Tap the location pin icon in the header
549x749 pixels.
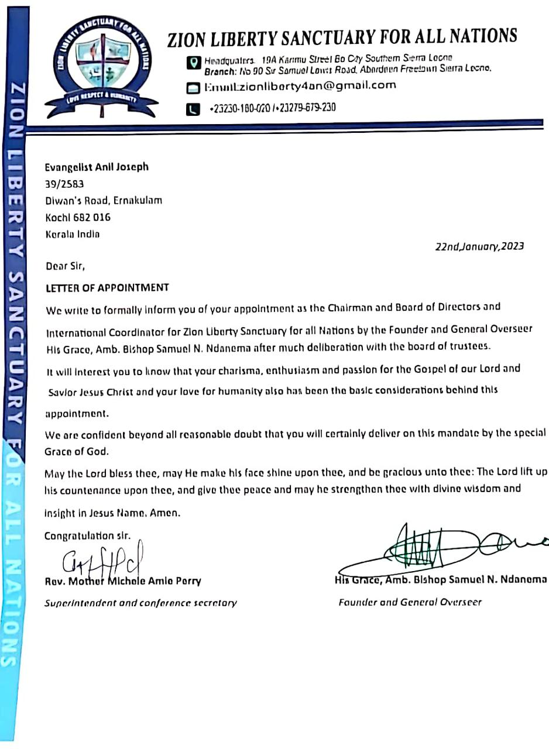(193, 63)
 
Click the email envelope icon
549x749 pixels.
(193, 88)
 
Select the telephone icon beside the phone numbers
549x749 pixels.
(193, 109)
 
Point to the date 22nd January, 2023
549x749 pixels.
(479, 246)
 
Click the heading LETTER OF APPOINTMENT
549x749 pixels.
(107, 288)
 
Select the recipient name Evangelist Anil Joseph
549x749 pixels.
(97, 167)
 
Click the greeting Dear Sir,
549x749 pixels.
(65, 266)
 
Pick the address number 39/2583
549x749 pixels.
(64, 184)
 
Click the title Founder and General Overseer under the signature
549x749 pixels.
(410, 602)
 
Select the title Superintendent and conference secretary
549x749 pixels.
(140, 603)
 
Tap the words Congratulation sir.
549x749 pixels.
(88, 536)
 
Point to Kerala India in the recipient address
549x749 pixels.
(73, 234)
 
